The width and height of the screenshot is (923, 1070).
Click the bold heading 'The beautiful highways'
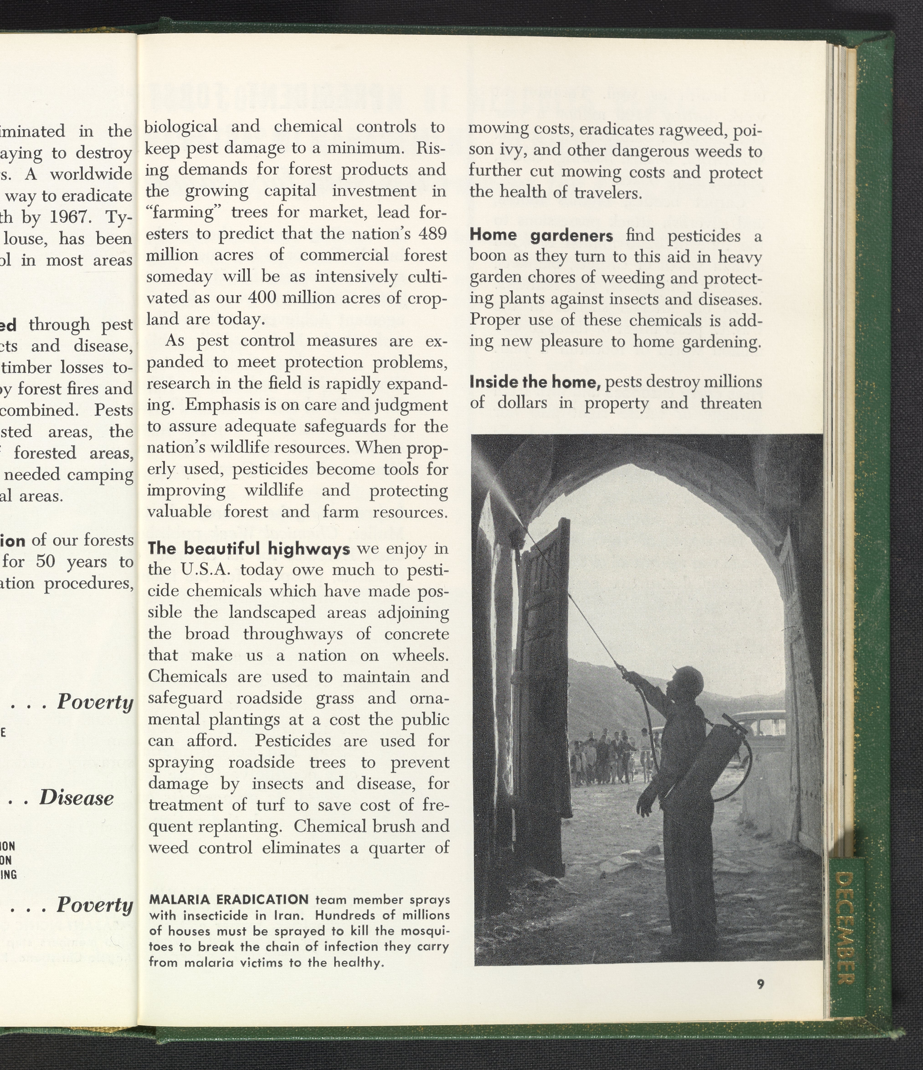[249, 548]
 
